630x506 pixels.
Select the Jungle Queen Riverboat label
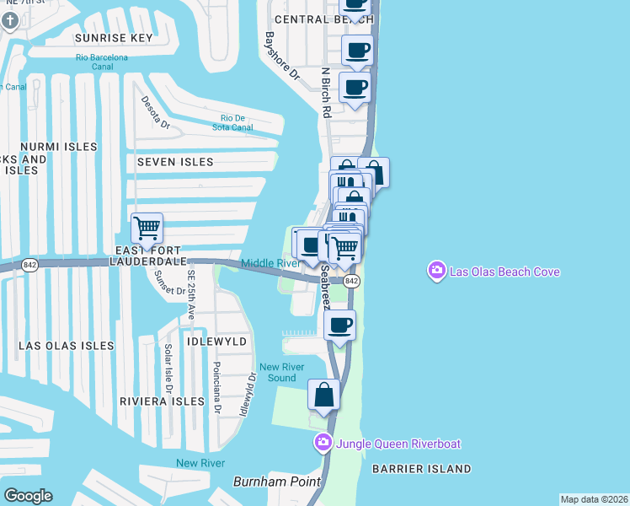[x=398, y=444]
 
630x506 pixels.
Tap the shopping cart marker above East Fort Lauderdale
[x=147, y=228]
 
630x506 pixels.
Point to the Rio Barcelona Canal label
[x=101, y=62]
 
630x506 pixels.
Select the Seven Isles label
[x=175, y=161]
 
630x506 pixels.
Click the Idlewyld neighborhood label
[x=219, y=342]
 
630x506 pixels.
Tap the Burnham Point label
[x=277, y=482]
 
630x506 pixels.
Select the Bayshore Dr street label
[x=283, y=57]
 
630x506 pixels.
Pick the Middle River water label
[x=271, y=263]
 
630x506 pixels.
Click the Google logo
[x=28, y=495]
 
